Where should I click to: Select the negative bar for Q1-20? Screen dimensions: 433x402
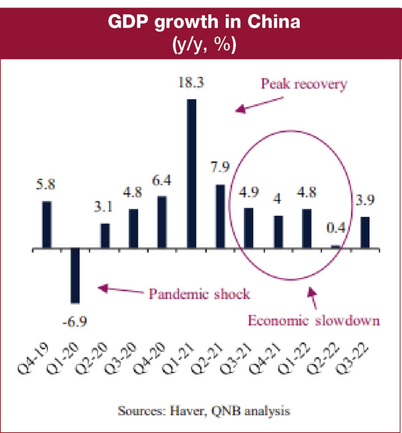pos(75,276)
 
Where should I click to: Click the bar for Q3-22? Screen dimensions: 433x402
pos(365,233)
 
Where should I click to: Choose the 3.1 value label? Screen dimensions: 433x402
pos(104,207)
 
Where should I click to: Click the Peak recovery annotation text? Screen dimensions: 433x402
pos(304,84)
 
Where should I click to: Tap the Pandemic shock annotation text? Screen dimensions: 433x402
pos(200,294)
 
